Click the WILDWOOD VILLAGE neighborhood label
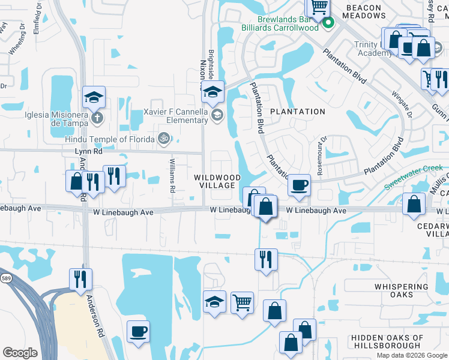(217, 182)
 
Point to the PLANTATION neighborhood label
(297, 112)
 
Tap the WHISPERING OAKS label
(402, 290)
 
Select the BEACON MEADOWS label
(363, 11)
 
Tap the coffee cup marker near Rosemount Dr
(299, 184)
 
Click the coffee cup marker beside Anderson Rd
(138, 331)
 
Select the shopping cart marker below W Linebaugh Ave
(243, 301)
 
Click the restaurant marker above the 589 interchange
(80, 278)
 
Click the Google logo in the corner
(20, 353)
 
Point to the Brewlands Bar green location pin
(328, 24)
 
